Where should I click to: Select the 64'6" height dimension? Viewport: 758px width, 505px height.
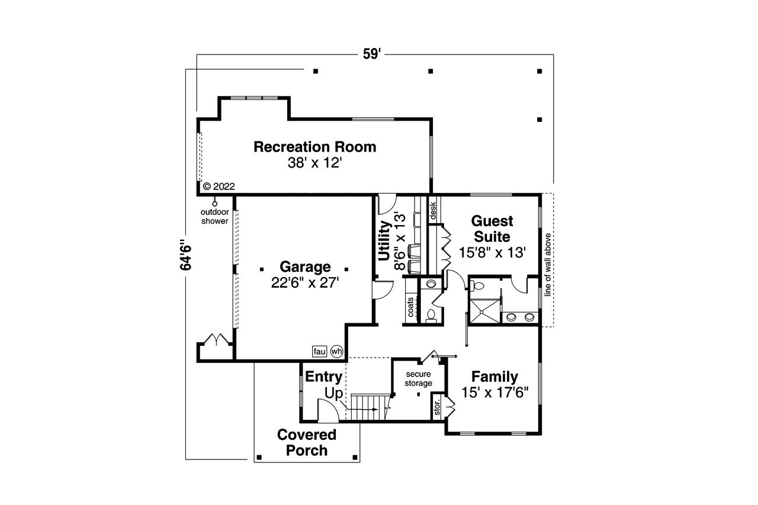click(187, 255)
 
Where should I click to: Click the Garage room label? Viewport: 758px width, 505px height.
click(306, 266)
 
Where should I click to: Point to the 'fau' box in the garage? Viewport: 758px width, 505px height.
click(320, 351)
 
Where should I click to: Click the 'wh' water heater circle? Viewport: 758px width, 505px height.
click(336, 351)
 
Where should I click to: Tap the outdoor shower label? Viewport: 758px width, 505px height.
click(214, 217)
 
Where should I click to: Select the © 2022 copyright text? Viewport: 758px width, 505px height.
click(219, 186)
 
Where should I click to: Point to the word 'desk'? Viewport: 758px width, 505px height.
click(433, 210)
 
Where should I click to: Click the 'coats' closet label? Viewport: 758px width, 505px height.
click(410, 307)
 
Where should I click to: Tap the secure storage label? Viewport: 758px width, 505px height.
click(419, 379)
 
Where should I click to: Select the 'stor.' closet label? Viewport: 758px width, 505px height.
click(438, 408)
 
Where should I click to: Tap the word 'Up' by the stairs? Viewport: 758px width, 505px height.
click(333, 393)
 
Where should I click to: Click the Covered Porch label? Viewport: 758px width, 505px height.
click(307, 442)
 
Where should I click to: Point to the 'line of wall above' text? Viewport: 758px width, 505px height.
click(548, 260)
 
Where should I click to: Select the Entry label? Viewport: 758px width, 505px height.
click(323, 377)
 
